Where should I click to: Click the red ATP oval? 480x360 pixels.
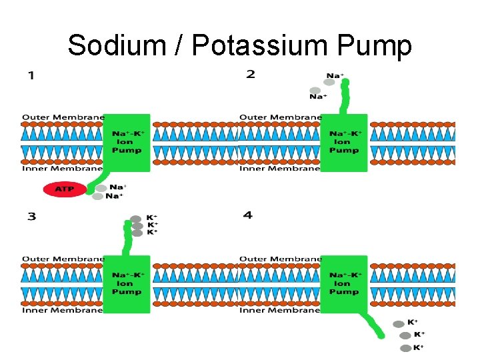pyautogui.click(x=65, y=189)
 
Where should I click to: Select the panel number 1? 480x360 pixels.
pyautogui.click(x=31, y=75)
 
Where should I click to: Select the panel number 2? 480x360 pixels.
pyautogui.click(x=251, y=74)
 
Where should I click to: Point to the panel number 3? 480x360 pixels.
pyautogui.click(x=31, y=216)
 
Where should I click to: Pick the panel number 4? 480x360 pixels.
pyautogui.click(x=248, y=215)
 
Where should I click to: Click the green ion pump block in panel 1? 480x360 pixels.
pyautogui.click(x=127, y=142)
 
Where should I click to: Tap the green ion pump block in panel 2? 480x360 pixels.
pyautogui.click(x=344, y=142)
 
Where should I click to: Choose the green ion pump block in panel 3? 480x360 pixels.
pyautogui.click(x=127, y=283)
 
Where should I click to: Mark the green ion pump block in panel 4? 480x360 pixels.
pyautogui.click(x=344, y=283)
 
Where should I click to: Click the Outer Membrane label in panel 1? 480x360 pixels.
pyautogui.click(x=63, y=117)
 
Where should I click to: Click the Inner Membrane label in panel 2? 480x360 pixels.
pyautogui.click(x=280, y=169)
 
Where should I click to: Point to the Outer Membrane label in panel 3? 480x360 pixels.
pyautogui.click(x=63, y=259)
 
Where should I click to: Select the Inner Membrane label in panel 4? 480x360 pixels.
pyautogui.click(x=280, y=310)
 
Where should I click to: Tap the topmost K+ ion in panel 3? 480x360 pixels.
pyautogui.click(x=136, y=218)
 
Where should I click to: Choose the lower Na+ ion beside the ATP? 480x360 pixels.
pyautogui.click(x=99, y=196)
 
